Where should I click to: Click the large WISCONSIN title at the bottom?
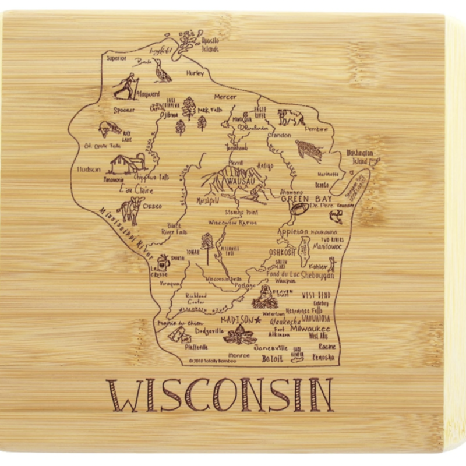(x=220, y=395)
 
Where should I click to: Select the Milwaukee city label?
(x=310, y=329)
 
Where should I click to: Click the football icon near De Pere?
(x=298, y=210)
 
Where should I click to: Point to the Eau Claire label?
(x=136, y=190)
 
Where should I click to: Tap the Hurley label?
(x=195, y=73)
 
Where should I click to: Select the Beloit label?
(x=272, y=358)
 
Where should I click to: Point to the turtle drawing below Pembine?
(x=309, y=150)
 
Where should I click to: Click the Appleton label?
(x=292, y=232)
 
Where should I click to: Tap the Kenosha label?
(x=323, y=357)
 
